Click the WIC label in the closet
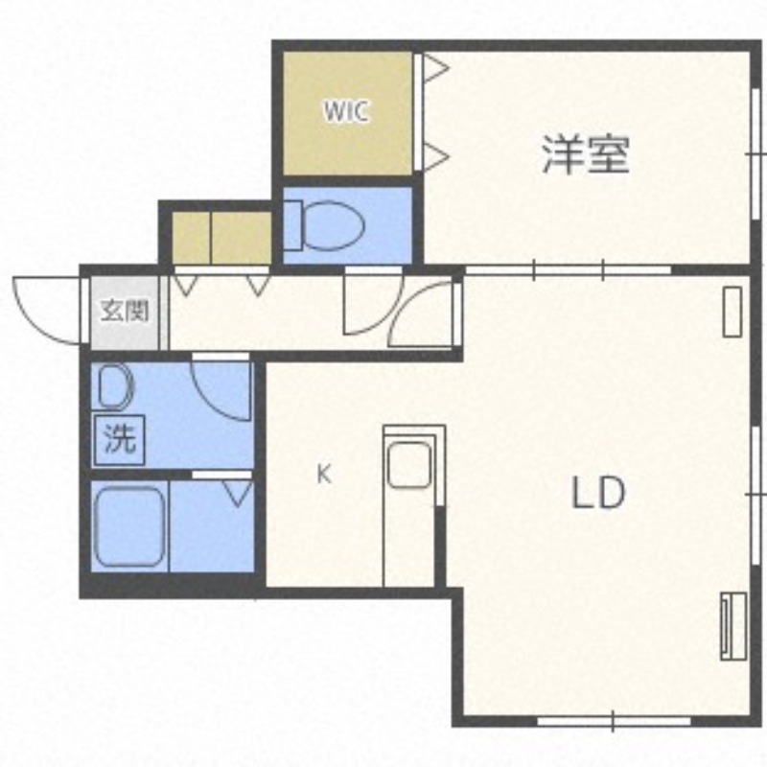pos(346,111)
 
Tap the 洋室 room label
pos(586,154)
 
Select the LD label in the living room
pos(598,493)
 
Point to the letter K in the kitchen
pos(324,474)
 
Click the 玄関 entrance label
pos(125,311)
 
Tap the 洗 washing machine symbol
pos(119,439)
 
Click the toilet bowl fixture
pos(333,225)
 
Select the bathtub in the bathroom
pos(130,525)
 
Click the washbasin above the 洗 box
pos(115,387)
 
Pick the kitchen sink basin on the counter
pos(409,465)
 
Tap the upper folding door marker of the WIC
pos(435,67)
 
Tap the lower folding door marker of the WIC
pos(435,156)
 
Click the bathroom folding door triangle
pos(238,494)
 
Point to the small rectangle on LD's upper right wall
pos(732,312)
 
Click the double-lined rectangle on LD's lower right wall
pos(733,626)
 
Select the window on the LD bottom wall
pos(614,722)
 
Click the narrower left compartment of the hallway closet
pos(191,238)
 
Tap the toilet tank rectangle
pos(292,225)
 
